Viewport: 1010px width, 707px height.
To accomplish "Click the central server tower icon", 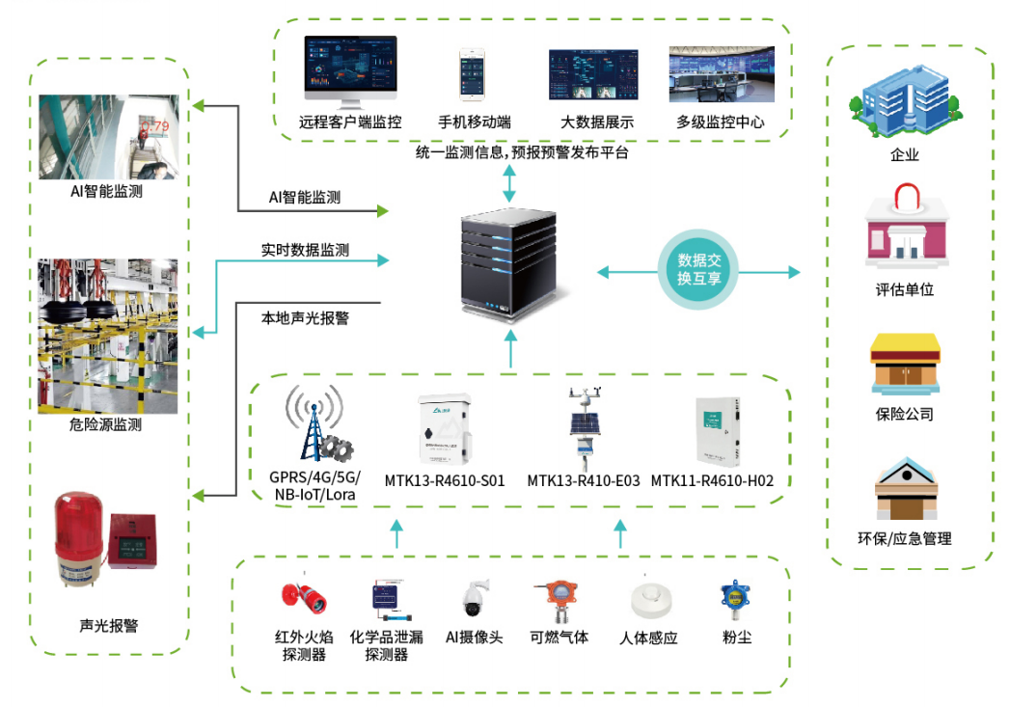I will coord(509,258).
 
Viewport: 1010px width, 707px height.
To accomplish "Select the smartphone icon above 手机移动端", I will coord(474,74).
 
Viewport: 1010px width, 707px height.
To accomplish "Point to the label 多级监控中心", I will coord(720,122).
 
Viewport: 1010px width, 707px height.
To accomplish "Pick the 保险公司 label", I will coord(904,414).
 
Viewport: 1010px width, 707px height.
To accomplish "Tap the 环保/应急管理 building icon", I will coord(905,491).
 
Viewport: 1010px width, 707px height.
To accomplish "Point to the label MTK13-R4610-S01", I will coord(445,480).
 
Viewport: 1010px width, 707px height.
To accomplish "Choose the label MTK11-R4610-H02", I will coord(713,480).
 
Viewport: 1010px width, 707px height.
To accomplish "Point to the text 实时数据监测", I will coord(305,250).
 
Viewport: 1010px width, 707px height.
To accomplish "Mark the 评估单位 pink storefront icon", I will coord(904,231).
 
